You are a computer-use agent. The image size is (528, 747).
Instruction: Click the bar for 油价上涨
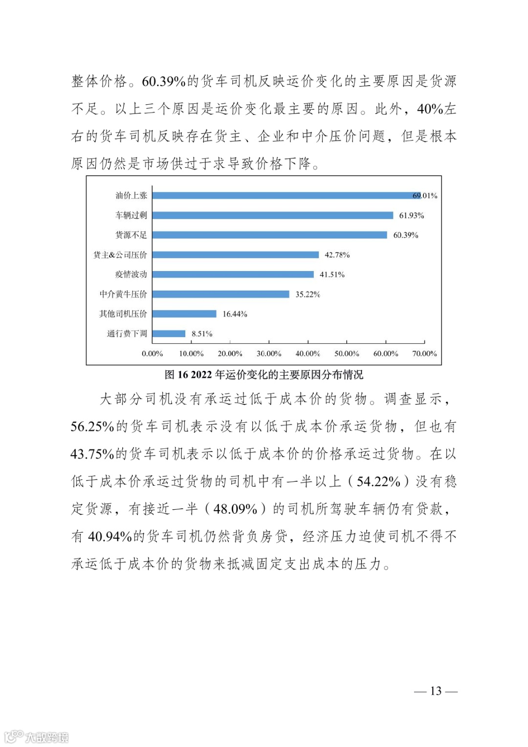point(286,196)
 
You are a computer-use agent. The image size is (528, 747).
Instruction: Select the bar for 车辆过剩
point(272,215)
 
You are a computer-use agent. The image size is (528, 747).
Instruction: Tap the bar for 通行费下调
point(169,334)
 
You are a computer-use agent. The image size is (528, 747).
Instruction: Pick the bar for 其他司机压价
point(184,314)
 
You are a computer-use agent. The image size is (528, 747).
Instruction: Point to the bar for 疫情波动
point(233,274)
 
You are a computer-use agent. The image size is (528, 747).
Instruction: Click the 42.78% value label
point(337,255)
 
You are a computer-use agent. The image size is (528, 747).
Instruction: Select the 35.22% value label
point(308,294)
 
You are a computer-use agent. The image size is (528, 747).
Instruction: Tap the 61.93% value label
point(412,215)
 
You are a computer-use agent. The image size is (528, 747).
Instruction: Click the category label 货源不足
point(131,235)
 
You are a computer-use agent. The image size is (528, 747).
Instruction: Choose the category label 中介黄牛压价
point(123,294)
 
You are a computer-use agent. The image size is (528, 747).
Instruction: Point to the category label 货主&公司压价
point(120,255)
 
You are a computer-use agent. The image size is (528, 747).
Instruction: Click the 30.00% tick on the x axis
point(269,354)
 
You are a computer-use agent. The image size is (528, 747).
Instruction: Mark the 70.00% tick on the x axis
point(424,354)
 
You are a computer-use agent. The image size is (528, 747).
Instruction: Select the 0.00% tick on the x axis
point(152,354)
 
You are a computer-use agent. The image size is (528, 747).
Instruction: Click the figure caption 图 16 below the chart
point(264,375)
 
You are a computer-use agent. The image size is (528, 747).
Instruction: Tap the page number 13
point(436,691)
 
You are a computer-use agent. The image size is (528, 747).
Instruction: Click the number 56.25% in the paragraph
point(92,427)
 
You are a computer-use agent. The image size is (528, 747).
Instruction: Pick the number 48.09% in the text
point(235,509)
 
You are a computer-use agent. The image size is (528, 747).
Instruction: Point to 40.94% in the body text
point(110,537)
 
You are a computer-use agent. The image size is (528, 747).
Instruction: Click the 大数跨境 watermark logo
point(36,737)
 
